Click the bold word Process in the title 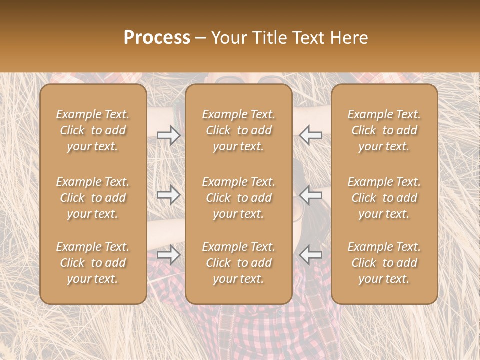157,38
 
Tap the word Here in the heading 350,38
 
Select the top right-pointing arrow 169,135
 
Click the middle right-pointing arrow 169,195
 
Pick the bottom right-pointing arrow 169,255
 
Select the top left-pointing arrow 311,135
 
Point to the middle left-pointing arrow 311,195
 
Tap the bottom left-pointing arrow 311,255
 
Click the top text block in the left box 93,130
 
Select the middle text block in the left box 93,198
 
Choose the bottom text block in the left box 93,263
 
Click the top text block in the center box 238,130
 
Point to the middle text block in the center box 238,198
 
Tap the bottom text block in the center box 238,263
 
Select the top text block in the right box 384,130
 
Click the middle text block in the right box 384,198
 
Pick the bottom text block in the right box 384,263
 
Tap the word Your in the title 227,38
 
